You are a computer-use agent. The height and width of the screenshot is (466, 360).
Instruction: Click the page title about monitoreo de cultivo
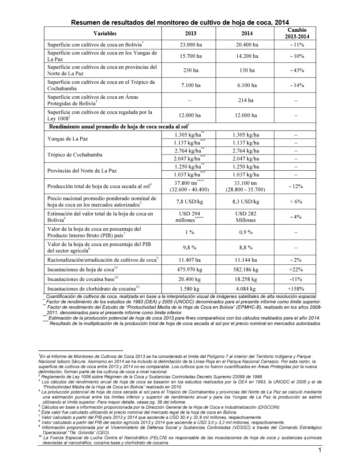pos(180,22)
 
